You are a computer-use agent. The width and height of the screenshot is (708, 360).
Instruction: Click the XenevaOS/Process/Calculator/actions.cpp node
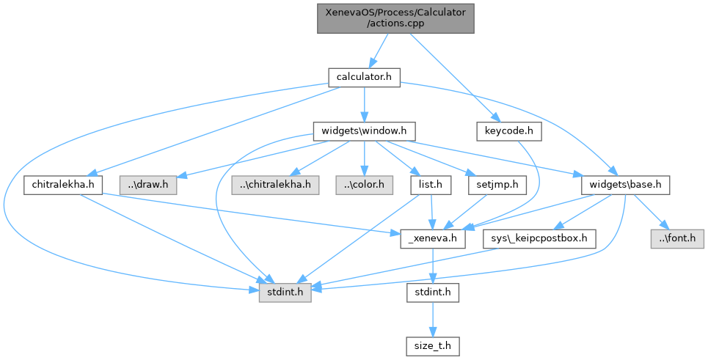(x=395, y=18)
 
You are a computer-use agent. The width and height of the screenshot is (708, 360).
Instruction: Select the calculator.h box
(x=364, y=77)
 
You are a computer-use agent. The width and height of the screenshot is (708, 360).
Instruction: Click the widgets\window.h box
(x=364, y=131)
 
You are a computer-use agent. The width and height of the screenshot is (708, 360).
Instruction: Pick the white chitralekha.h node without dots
(x=63, y=184)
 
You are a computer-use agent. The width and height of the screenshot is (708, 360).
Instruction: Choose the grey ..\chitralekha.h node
(x=275, y=184)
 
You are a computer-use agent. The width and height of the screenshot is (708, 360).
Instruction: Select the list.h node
(x=430, y=184)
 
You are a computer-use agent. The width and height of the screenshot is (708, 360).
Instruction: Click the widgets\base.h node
(x=624, y=184)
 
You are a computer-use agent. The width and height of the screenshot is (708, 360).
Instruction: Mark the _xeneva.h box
(x=432, y=238)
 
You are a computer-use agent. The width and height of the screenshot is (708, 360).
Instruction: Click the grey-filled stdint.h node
(x=284, y=292)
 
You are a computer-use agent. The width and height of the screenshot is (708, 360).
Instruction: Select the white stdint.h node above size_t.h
(x=432, y=292)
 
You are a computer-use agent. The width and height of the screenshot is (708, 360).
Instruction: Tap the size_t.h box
(x=432, y=345)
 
